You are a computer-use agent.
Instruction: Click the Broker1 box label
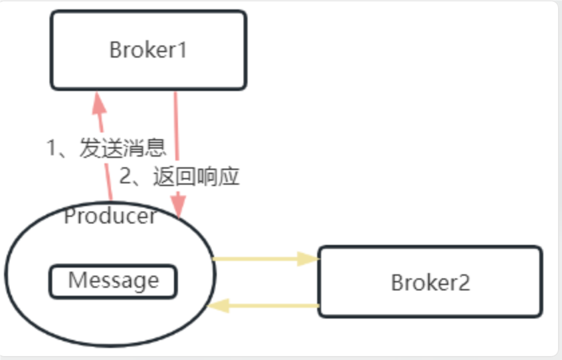(x=148, y=50)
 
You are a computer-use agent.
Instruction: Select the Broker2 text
(x=430, y=282)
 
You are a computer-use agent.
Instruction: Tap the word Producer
(x=110, y=216)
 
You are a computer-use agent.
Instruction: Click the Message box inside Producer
(x=113, y=280)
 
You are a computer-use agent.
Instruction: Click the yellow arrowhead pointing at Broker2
(x=308, y=259)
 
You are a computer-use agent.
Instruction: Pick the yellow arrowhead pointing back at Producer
(x=220, y=306)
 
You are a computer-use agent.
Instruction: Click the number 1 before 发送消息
(x=52, y=147)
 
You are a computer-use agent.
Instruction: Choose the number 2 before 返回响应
(x=126, y=177)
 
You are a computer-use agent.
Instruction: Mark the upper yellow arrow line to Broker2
(x=261, y=258)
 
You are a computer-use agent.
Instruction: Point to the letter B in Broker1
(x=115, y=50)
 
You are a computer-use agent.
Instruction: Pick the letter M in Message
(x=76, y=280)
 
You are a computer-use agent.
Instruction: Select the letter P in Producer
(x=69, y=216)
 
